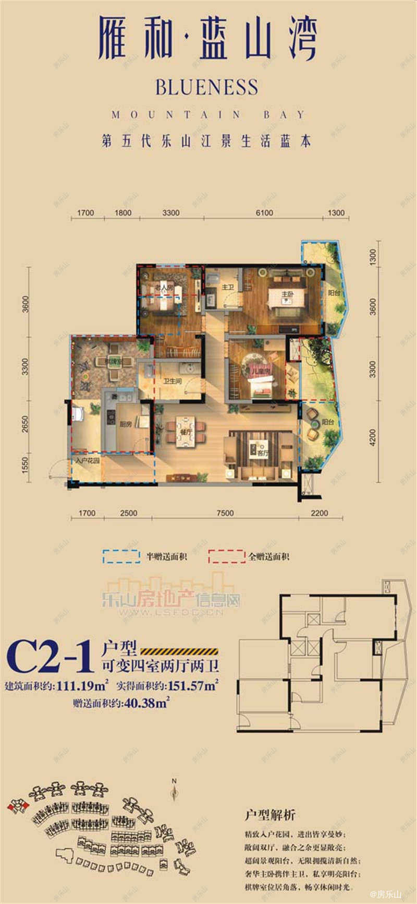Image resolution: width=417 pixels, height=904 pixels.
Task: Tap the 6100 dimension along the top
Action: click(x=264, y=212)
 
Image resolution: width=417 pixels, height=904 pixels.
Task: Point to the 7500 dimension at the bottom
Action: click(x=225, y=513)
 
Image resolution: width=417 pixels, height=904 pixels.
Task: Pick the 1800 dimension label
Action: click(x=123, y=212)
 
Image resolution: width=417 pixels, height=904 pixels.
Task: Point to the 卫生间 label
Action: click(x=172, y=381)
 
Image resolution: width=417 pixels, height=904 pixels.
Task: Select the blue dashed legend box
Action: click(x=121, y=556)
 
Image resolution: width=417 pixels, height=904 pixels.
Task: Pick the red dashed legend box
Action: click(x=227, y=556)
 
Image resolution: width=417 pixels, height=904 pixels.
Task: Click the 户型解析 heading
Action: click(x=270, y=815)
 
